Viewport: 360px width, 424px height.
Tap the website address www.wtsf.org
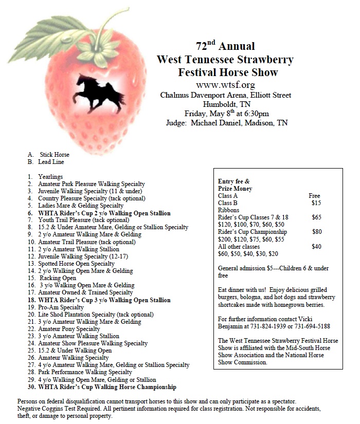pyautogui.click(x=225, y=85)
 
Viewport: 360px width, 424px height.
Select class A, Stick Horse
pyautogui.click(x=54, y=155)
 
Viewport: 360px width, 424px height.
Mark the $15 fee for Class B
pyautogui.click(x=316, y=203)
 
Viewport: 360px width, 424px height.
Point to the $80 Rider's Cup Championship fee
pyautogui.click(x=317, y=232)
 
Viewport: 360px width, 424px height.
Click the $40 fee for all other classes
pyautogui.click(x=316, y=247)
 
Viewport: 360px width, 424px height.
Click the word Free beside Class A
pyautogui.click(x=314, y=196)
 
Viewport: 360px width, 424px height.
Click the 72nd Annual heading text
pyautogui.click(x=225, y=46)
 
